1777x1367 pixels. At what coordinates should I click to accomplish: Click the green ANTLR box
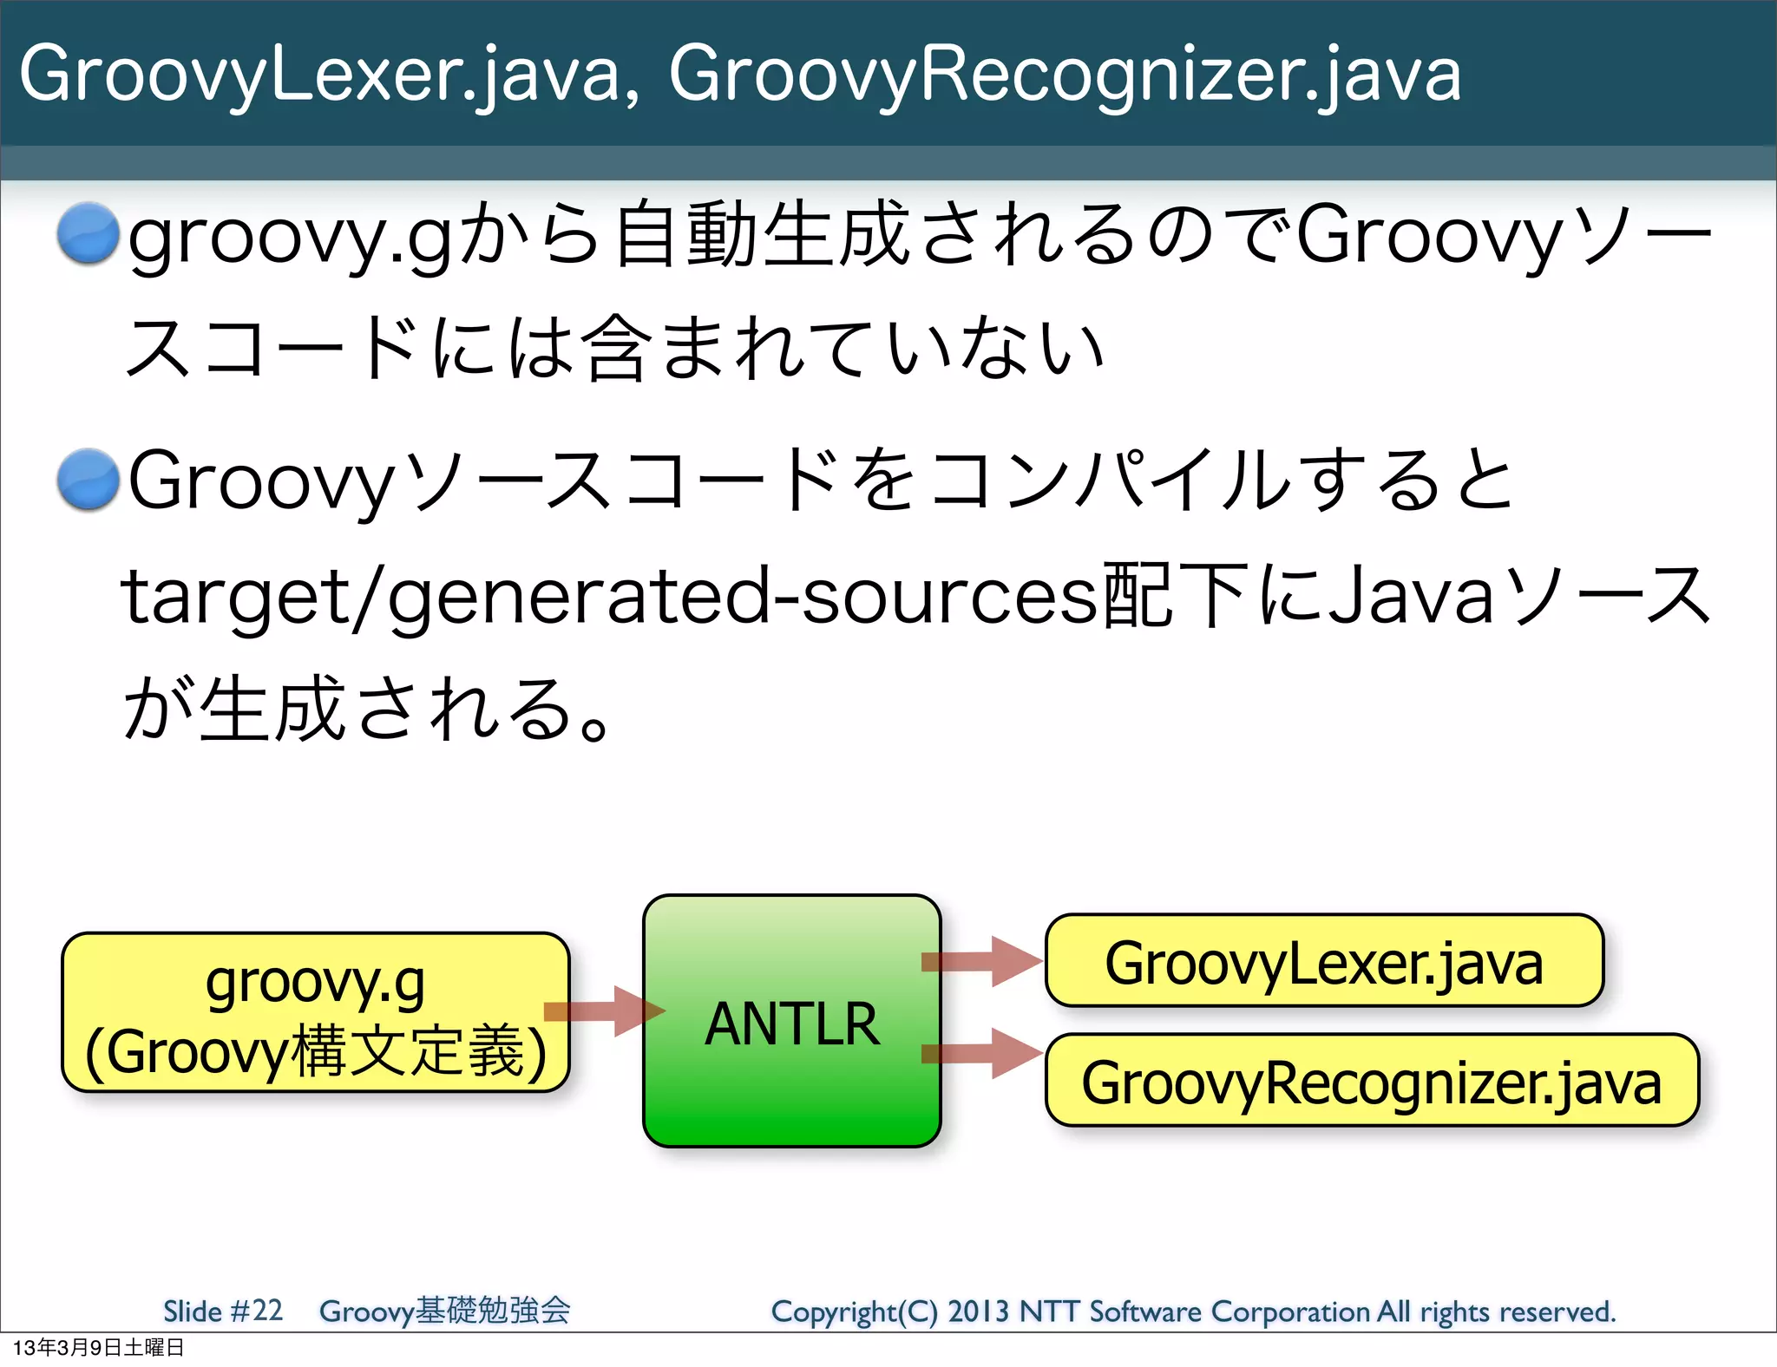click(x=791, y=1021)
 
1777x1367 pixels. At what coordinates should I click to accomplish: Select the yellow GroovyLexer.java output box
click(x=1324, y=961)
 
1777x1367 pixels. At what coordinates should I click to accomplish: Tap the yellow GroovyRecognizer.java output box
click(x=1371, y=1081)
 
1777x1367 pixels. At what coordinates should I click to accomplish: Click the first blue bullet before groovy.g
click(x=88, y=232)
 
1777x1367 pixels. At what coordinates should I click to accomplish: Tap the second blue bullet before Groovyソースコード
click(x=88, y=479)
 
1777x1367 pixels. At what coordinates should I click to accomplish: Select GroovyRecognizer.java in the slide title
click(x=1065, y=76)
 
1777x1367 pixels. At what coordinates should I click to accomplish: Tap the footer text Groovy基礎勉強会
click(x=444, y=1311)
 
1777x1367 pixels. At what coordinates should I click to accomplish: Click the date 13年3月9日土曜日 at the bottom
click(x=98, y=1348)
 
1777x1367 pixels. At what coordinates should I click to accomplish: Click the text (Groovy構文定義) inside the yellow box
click(x=315, y=1051)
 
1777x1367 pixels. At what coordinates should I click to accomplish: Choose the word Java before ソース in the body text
click(x=1411, y=597)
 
